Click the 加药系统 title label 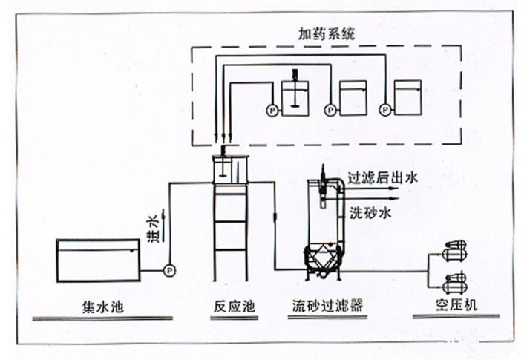(x=327, y=33)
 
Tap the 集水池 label (x=99, y=306)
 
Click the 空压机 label (x=452, y=306)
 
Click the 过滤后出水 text (x=384, y=177)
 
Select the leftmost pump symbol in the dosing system (x=271, y=111)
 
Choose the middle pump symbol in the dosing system (x=328, y=111)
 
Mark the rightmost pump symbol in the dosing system (x=384, y=111)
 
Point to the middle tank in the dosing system (x=353, y=96)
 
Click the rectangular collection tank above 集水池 (x=99, y=261)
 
